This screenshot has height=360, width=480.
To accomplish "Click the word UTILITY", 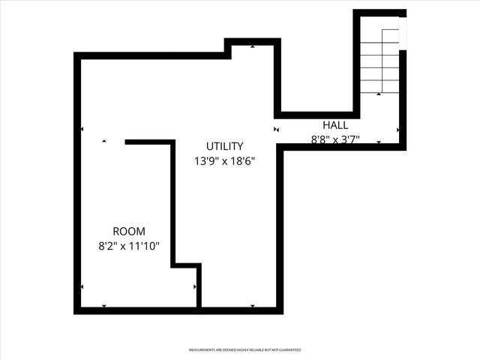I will (225, 146).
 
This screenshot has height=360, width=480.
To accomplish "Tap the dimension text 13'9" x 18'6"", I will (225, 160).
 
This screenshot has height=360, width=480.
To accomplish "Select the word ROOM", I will (129, 232).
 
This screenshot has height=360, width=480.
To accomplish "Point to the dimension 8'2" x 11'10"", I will (129, 245).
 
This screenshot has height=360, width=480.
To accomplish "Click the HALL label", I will (335, 125).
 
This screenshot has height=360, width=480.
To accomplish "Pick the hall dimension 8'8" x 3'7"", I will (335, 139).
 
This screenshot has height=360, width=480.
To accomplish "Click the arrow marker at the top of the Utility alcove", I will (253, 46).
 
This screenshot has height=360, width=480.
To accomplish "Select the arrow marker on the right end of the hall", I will (397, 130).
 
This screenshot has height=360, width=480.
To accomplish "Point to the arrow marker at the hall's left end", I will (277, 129).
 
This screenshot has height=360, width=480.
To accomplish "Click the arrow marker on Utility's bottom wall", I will (253, 306).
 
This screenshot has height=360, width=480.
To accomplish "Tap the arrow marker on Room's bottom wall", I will (103, 306).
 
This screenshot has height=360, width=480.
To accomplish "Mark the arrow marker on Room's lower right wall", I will (195, 286).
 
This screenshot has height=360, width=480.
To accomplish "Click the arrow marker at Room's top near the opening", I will (103, 141).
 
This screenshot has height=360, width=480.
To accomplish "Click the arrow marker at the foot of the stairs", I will (379, 94).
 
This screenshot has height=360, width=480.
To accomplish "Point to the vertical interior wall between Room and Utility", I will (172, 202).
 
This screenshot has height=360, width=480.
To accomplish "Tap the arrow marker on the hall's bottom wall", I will (379, 142).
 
